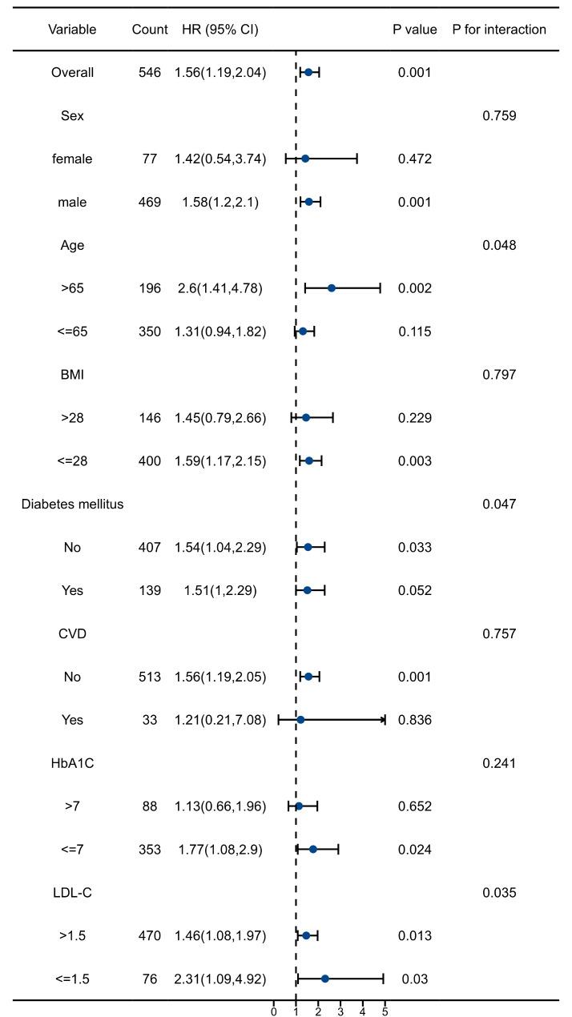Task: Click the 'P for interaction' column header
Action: tap(498, 30)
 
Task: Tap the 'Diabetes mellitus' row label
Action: tap(72, 504)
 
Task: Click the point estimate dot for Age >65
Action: tap(332, 288)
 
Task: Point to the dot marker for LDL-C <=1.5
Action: tap(324, 979)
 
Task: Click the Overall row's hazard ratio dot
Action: tap(308, 72)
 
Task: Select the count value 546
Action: tap(150, 73)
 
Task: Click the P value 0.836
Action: tap(415, 721)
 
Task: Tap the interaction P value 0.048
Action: tap(499, 246)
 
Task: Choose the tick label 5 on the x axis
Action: tap(385, 1011)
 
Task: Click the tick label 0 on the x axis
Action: tap(274, 1011)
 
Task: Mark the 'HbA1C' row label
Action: tap(72, 764)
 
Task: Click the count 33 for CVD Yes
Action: tap(150, 721)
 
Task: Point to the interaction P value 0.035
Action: tap(499, 893)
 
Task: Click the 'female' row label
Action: tap(72, 159)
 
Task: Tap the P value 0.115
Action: tap(415, 332)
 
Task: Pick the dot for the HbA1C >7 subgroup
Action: tap(299, 806)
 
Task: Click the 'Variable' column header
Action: tap(72, 30)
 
